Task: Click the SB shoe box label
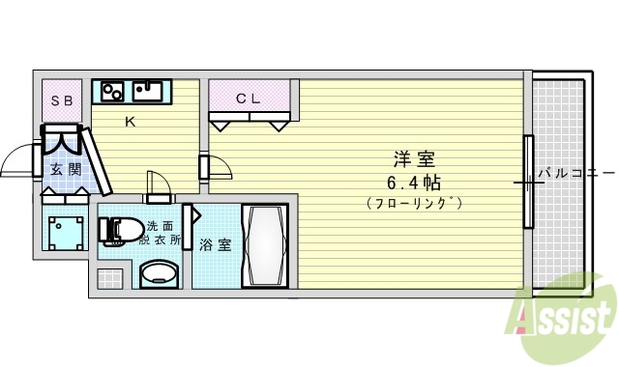(61, 99)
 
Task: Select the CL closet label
(249, 98)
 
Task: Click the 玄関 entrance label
(66, 170)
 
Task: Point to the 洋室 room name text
(412, 158)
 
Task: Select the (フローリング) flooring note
(413, 203)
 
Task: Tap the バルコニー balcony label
(576, 174)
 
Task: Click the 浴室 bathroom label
(215, 244)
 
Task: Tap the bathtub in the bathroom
(264, 245)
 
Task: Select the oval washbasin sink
(159, 276)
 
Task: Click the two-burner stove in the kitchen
(111, 92)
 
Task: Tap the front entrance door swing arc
(17, 164)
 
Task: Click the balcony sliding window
(528, 182)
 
